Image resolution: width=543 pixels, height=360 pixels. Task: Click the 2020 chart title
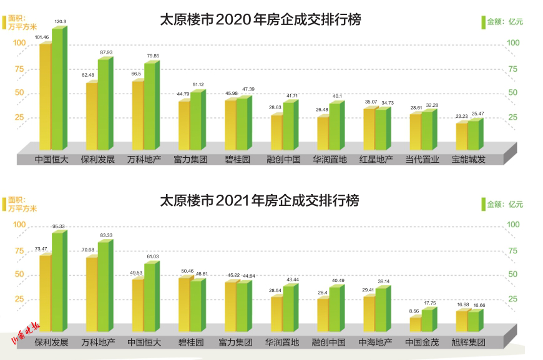coord(260,20)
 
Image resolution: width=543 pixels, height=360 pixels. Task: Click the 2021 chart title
coord(260,201)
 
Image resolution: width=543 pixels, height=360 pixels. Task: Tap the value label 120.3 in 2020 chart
coord(61,22)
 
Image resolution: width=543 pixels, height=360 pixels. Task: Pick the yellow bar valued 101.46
coord(45,94)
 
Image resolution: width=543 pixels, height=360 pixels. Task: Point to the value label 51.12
coord(198,84)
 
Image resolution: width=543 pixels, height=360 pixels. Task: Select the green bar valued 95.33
coord(57,281)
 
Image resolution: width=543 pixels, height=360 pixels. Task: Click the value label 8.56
coord(413,311)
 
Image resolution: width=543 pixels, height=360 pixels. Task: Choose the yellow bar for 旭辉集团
coord(461,321)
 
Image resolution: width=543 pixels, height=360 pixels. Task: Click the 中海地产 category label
coord(376,343)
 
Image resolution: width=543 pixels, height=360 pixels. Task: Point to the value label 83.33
coord(106,235)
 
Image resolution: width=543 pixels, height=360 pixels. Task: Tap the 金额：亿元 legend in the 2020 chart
coord(505,21)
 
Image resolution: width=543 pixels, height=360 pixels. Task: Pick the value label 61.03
coord(152,256)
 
